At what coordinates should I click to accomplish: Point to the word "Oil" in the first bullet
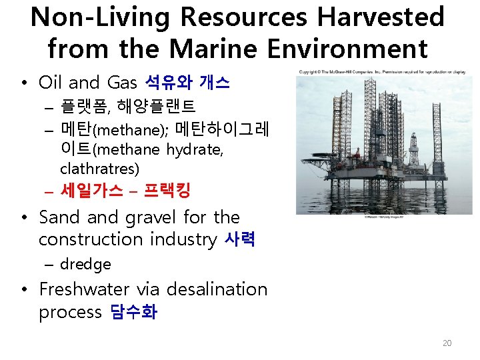(51, 83)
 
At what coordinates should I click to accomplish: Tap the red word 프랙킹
(166, 191)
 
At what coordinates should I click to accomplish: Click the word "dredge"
(85, 264)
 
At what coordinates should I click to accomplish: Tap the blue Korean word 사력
(240, 239)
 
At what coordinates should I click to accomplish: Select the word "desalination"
(217, 289)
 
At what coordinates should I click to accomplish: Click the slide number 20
(447, 343)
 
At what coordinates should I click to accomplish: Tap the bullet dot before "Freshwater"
(24, 290)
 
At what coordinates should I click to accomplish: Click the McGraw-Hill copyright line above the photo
(384, 71)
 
